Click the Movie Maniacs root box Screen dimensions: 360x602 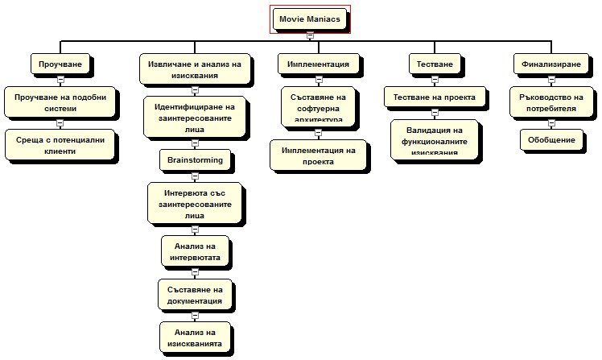tap(310, 18)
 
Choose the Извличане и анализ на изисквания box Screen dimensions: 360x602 tap(195, 69)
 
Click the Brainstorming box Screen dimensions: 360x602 tap(195, 159)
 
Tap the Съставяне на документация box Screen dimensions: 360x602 tap(196, 294)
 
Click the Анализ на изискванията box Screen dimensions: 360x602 tap(196, 337)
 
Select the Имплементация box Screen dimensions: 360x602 tap(318, 64)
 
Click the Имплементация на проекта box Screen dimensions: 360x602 tap(318, 155)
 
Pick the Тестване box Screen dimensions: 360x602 tap(434, 64)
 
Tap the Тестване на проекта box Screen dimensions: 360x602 tap(435, 97)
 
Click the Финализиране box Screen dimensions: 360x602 tap(547, 64)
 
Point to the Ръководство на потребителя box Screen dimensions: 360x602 tap(546, 102)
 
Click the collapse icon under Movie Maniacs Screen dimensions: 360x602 tap(310, 35)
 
